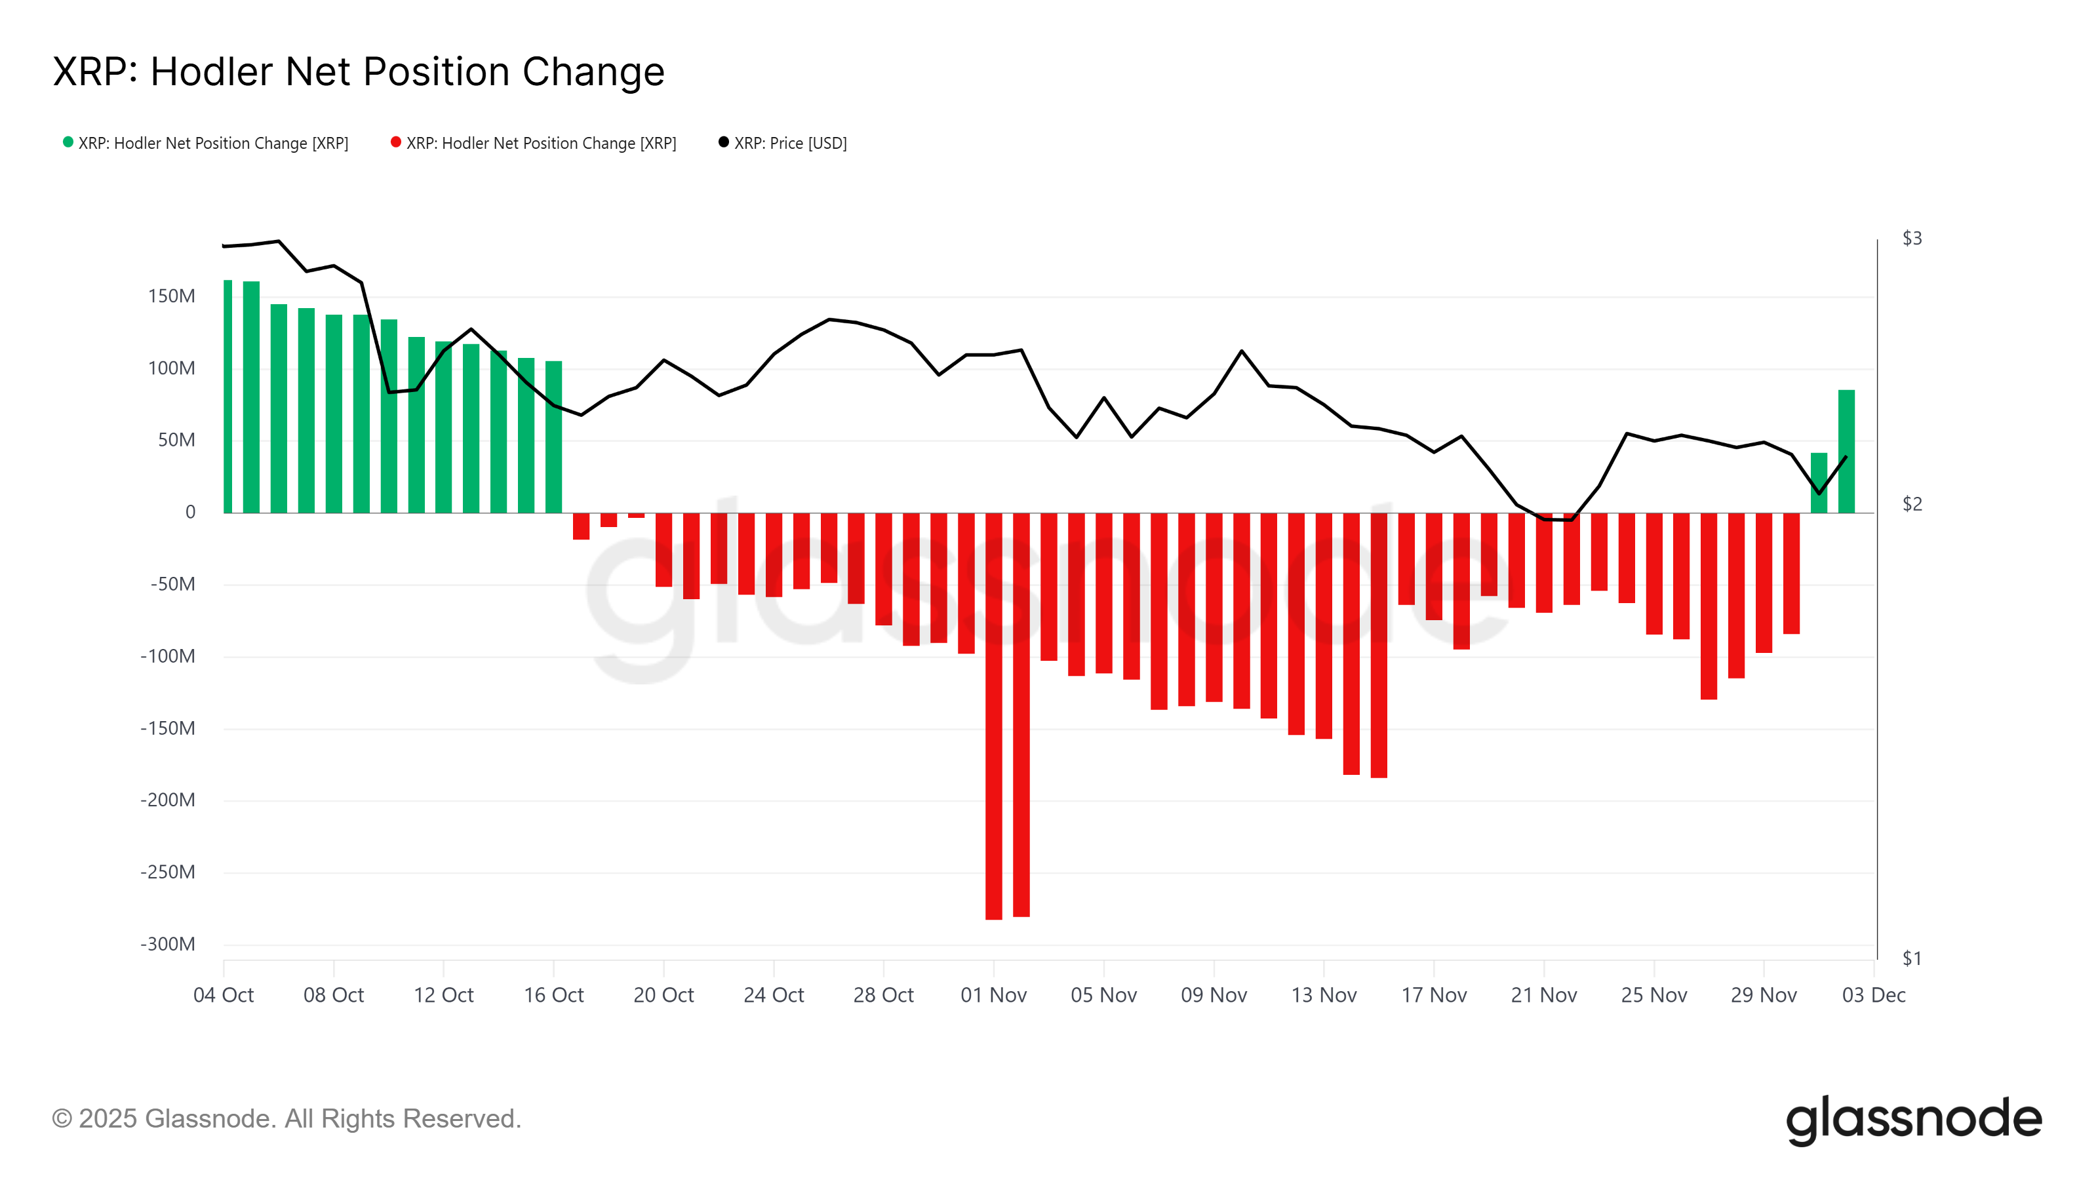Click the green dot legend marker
click(68, 142)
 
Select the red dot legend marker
click(396, 142)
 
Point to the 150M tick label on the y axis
click(171, 296)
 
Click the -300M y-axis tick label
click(168, 945)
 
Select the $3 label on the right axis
click(1912, 239)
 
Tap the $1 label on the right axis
click(1912, 958)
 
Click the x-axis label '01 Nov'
click(993, 995)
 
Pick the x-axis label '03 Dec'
click(1873, 995)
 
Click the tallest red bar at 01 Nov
click(994, 717)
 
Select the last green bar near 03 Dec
click(1846, 452)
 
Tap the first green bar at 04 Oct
click(228, 397)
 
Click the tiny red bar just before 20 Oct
click(636, 515)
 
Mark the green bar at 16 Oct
click(554, 437)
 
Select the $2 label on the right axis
click(1912, 504)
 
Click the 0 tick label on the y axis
click(191, 512)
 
